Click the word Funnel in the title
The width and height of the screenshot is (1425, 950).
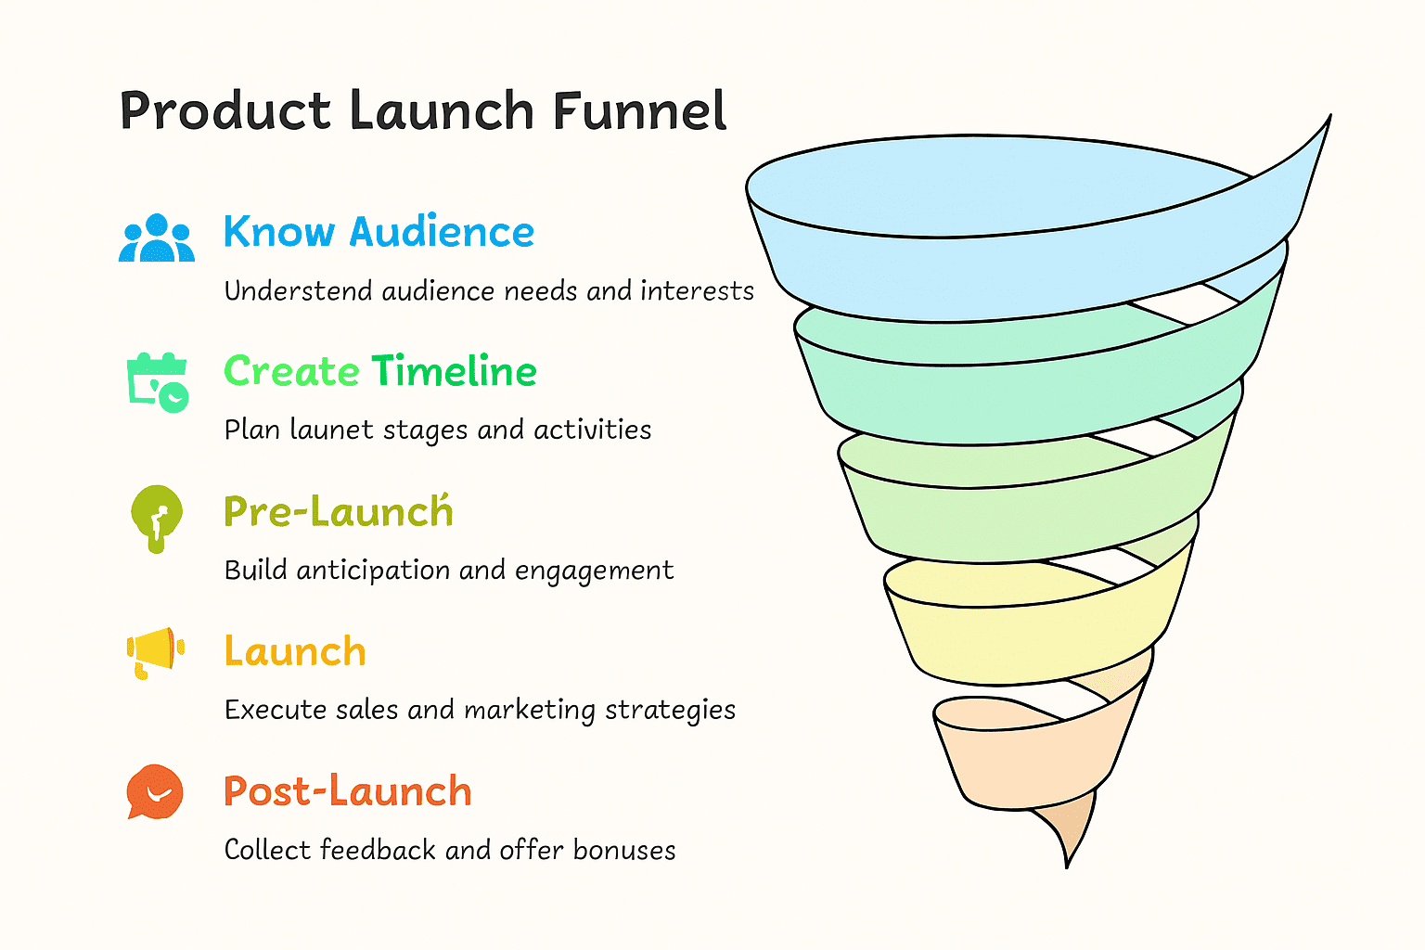pyautogui.click(x=639, y=110)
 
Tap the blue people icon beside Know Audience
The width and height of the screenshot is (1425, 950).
pyautogui.click(x=157, y=238)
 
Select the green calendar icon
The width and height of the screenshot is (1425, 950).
pyautogui.click(x=157, y=382)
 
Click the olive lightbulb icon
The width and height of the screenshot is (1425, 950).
pyautogui.click(x=157, y=519)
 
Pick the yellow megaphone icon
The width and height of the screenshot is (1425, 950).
pyautogui.click(x=155, y=653)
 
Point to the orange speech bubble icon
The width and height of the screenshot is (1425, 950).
pyautogui.click(x=155, y=791)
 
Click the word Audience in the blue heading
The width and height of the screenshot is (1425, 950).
pyautogui.click(x=442, y=231)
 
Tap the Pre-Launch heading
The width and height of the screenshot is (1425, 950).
pyautogui.click(x=339, y=510)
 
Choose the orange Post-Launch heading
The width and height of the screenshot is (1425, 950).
pyautogui.click(x=347, y=791)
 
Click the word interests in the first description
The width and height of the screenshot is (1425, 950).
pyautogui.click(x=697, y=290)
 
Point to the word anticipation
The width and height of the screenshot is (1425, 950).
pyautogui.click(x=374, y=571)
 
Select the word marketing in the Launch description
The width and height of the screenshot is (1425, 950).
pyautogui.click(x=530, y=710)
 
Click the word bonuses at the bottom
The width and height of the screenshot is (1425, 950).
pyautogui.click(x=624, y=850)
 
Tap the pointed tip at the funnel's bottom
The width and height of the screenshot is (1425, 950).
pyautogui.click(x=1067, y=867)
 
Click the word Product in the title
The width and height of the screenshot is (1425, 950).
pyautogui.click(x=225, y=110)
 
